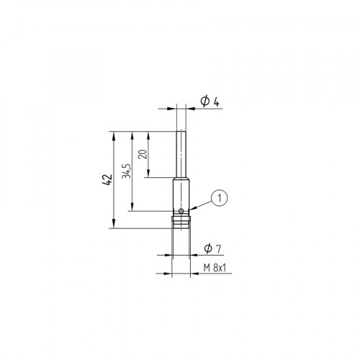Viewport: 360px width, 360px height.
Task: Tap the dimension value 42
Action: pyautogui.click(x=107, y=179)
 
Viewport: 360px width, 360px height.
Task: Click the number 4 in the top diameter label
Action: pyautogui.click(x=215, y=101)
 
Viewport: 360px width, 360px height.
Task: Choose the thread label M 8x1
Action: pyautogui.click(x=215, y=267)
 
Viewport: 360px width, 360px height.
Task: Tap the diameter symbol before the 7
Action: pyautogui.click(x=207, y=248)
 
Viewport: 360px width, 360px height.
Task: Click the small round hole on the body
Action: pyautogui.click(x=182, y=211)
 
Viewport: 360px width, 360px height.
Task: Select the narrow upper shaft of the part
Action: pyautogui.click(x=181, y=155)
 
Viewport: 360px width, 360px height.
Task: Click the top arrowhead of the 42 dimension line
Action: pyautogui.click(x=114, y=135)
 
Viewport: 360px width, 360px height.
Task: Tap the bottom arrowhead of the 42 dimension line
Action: pyautogui.click(x=114, y=225)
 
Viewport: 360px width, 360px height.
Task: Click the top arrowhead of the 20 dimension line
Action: pyautogui.click(x=148, y=135)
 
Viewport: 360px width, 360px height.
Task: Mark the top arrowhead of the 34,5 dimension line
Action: pyautogui.click(x=132, y=135)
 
